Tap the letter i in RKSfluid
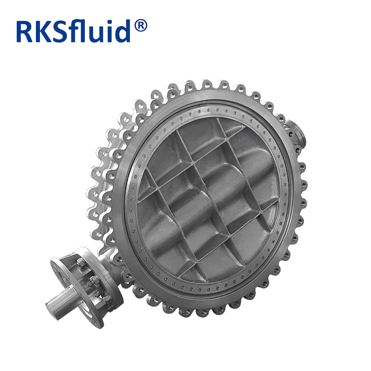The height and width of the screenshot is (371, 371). [x=117, y=31]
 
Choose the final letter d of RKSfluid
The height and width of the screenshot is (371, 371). [x=127, y=31]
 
